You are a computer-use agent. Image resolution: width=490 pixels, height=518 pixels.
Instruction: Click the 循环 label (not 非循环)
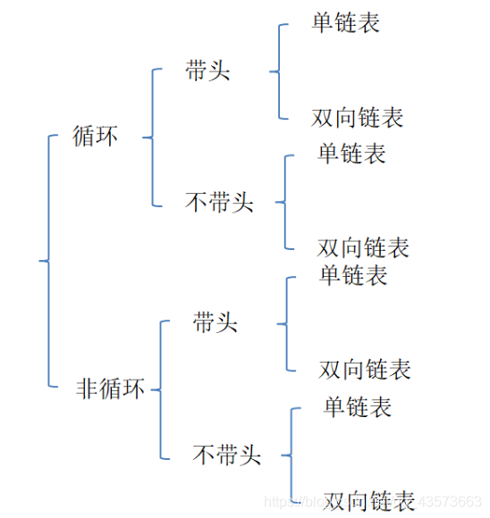tap(95, 138)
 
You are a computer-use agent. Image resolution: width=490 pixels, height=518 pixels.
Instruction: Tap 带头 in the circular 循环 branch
tap(207, 71)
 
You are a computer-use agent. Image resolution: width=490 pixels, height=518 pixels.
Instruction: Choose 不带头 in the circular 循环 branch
tap(219, 203)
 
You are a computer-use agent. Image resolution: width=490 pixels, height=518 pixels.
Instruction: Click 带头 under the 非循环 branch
tap(215, 322)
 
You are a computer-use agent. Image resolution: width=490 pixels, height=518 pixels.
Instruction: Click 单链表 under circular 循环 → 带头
tap(346, 22)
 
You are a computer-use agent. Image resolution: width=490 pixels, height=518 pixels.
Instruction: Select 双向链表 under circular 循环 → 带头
tap(358, 117)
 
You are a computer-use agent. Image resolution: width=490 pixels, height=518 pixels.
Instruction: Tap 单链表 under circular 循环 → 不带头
tap(351, 153)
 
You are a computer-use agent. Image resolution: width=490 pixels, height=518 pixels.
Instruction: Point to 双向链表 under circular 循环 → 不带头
tap(363, 246)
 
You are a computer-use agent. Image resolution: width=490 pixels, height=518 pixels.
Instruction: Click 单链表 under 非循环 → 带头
tap(353, 275)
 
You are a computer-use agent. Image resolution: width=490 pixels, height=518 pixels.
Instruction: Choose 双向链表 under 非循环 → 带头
tap(365, 368)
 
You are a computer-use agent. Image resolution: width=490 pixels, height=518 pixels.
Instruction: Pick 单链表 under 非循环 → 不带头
tap(358, 407)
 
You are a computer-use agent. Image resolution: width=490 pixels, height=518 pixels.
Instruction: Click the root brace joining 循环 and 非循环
tap(46, 261)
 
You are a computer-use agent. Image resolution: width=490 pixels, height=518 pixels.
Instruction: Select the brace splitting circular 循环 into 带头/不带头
tap(152, 138)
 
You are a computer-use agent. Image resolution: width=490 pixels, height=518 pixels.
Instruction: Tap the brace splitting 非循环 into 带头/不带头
tap(160, 389)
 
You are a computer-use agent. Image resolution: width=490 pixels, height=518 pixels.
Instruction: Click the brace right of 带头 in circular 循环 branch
tap(279, 71)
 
